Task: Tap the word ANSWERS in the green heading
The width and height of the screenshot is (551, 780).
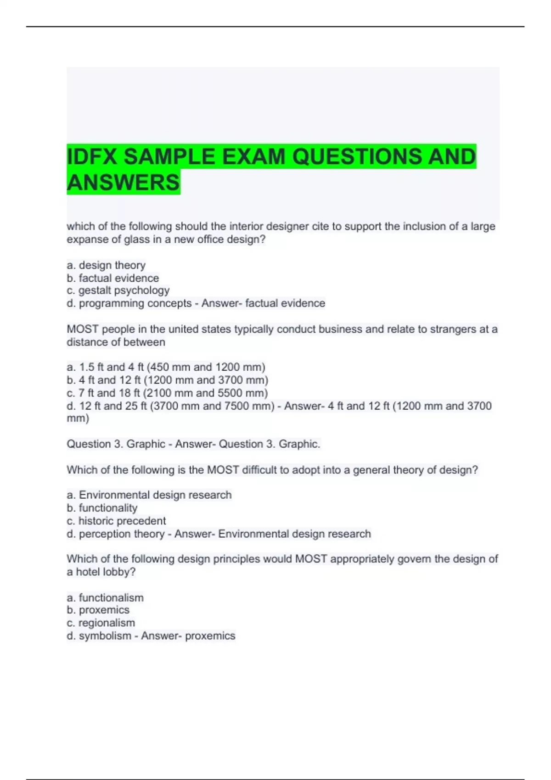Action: pos(123,183)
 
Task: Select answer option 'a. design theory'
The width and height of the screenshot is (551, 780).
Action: pos(106,265)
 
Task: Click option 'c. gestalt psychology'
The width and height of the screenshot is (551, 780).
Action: pos(118,290)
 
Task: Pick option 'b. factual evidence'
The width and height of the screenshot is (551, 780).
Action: pos(113,278)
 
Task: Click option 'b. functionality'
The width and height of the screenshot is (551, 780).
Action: pos(102,508)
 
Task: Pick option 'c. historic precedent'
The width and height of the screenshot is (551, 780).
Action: pos(116,521)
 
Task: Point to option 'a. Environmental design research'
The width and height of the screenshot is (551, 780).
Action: pos(149,495)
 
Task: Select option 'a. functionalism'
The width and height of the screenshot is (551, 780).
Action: pos(105,597)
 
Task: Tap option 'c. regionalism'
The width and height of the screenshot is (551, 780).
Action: pos(101,623)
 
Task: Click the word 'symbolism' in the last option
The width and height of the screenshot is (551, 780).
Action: pos(105,635)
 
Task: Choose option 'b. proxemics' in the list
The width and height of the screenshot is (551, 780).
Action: pos(98,610)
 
